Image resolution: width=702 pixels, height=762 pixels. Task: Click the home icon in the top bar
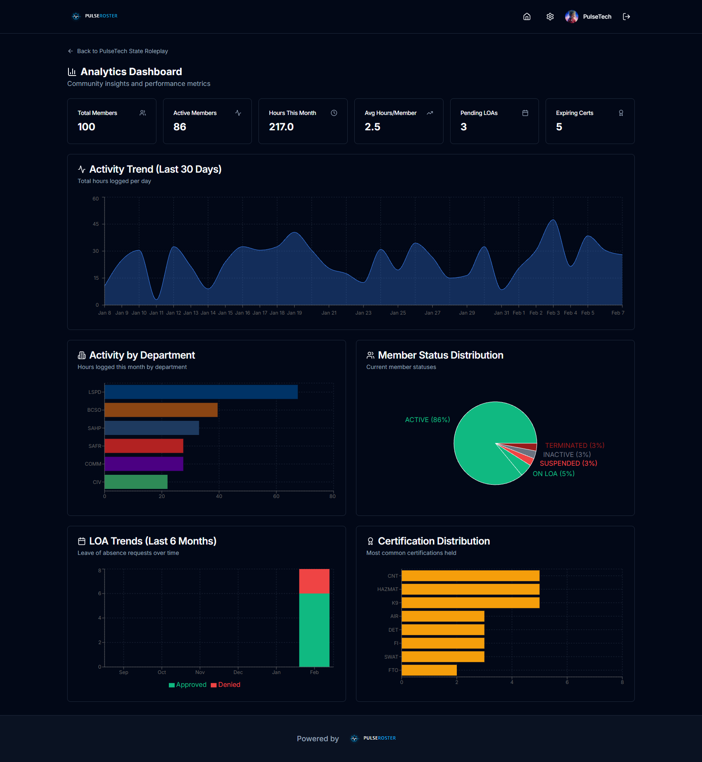point(526,17)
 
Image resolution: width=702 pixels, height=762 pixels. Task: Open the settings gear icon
point(550,17)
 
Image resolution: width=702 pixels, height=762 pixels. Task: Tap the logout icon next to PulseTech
point(626,17)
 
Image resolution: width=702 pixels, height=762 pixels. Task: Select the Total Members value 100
point(86,127)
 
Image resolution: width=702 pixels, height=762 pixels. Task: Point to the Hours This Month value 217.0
point(281,127)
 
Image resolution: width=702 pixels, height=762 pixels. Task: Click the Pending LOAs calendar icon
point(525,113)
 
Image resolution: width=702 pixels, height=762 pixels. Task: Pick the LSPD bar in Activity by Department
point(201,392)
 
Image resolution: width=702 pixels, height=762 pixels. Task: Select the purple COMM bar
point(144,464)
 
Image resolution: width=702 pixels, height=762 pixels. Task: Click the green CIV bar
point(136,482)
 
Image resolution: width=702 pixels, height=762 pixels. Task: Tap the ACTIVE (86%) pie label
point(427,420)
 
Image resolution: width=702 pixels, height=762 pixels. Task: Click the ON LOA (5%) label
point(553,474)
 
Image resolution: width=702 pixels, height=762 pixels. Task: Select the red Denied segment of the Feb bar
point(314,581)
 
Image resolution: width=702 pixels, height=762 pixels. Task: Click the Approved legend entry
point(188,685)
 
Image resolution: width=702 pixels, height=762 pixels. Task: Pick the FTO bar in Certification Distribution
point(429,670)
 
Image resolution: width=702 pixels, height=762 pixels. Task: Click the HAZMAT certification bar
point(470,589)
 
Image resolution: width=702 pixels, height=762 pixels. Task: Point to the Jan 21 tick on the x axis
point(329,313)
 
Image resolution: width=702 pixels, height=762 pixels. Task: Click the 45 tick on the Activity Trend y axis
point(96,224)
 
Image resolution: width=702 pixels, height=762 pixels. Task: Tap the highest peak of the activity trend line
point(553,220)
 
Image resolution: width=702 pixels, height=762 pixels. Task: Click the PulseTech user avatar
point(571,17)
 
